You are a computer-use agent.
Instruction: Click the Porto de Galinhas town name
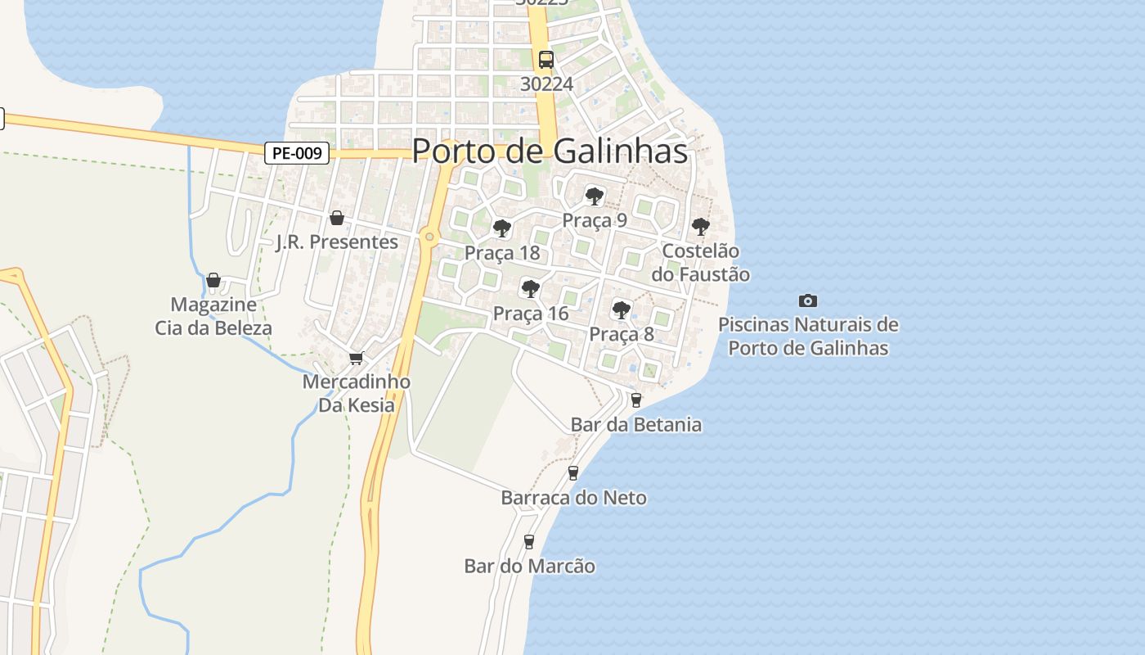click(550, 151)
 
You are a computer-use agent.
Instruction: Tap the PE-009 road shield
click(297, 153)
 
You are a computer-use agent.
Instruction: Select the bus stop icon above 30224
click(546, 60)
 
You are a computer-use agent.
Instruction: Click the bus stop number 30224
click(546, 84)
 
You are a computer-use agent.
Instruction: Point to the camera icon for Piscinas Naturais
click(808, 301)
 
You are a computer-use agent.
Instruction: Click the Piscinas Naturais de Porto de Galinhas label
click(808, 336)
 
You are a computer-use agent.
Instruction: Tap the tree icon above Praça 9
click(595, 196)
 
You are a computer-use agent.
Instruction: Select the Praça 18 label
click(502, 252)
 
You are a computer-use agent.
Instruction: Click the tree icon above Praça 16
click(530, 289)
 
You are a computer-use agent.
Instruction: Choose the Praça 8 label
click(622, 334)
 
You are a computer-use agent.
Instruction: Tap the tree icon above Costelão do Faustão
click(700, 227)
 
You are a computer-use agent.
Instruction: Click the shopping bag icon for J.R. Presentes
click(336, 218)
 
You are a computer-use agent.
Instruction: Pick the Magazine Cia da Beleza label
click(213, 316)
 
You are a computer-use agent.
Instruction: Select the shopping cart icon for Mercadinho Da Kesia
click(356, 359)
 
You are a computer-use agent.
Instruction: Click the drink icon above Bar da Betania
click(635, 400)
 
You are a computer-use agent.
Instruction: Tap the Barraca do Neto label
click(573, 498)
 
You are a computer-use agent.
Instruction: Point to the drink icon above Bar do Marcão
click(529, 541)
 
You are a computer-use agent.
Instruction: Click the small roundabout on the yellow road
click(429, 237)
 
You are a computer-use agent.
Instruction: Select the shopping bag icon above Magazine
click(213, 281)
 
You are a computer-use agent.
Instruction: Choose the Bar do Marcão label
click(529, 566)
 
